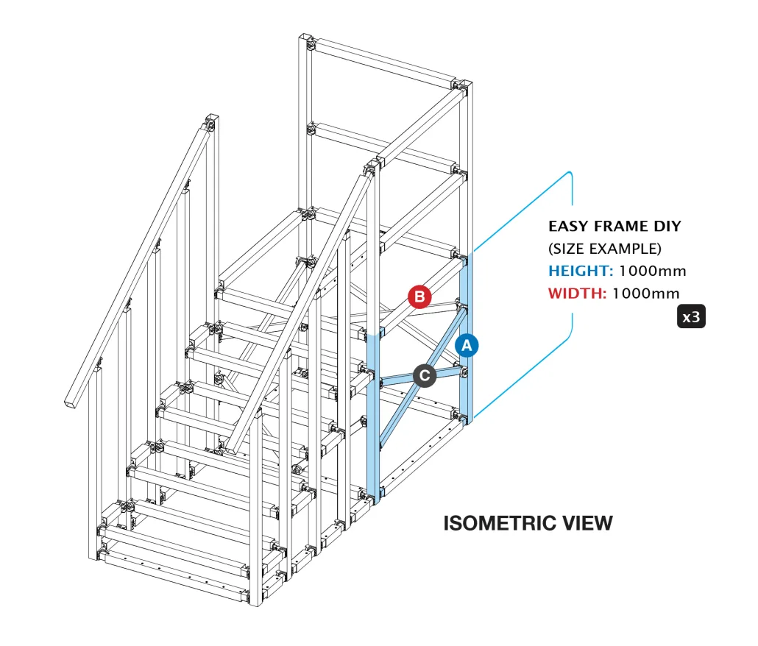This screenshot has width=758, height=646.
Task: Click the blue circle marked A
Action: (467, 344)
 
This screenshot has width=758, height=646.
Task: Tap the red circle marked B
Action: (419, 297)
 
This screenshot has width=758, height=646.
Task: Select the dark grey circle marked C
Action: (425, 375)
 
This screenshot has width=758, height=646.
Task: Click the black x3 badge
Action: (691, 317)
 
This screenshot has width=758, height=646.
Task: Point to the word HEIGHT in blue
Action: (580, 271)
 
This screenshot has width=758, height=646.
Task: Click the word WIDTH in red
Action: (577, 294)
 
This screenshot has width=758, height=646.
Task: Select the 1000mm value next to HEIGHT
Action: (652, 271)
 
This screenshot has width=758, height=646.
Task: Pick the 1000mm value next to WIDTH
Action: (645, 294)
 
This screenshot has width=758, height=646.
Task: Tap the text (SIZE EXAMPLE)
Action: (605, 248)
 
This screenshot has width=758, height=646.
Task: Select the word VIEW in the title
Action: (585, 523)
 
